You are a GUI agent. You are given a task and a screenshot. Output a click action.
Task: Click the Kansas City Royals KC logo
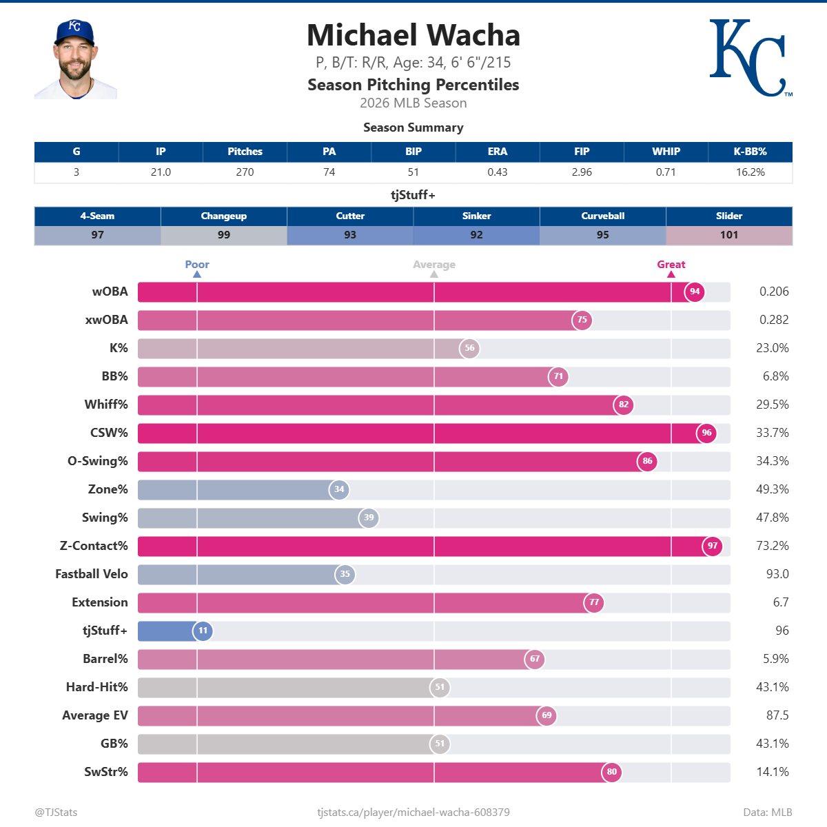[750, 58]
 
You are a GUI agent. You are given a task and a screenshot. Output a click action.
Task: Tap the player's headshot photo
[75, 60]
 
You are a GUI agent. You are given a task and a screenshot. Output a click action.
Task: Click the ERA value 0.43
[497, 172]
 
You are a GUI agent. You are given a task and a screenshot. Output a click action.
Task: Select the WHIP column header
[666, 152]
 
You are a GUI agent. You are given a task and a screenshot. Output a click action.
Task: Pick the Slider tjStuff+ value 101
[729, 235]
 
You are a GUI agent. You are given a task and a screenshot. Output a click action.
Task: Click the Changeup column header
[224, 216]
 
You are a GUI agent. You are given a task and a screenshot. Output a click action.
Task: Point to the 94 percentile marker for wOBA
[695, 292]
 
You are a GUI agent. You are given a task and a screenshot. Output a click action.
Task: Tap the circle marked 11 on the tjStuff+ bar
[203, 631]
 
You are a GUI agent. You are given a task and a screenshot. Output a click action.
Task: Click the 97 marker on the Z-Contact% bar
[713, 546]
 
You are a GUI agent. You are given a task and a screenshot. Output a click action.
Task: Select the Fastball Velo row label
[92, 574]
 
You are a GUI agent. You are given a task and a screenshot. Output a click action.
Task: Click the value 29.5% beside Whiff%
[772, 405]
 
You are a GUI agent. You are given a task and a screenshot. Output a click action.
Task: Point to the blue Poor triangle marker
[197, 274]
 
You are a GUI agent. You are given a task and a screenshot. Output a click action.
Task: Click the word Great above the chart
[671, 265]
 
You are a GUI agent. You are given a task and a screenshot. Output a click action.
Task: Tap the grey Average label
[434, 265]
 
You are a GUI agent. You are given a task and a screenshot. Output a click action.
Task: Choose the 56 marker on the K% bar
[469, 348]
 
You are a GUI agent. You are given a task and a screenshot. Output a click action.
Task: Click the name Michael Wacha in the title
[413, 36]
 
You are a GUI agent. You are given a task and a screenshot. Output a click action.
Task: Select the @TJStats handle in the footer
[56, 813]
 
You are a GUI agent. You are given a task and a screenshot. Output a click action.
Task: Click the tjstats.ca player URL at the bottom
[413, 813]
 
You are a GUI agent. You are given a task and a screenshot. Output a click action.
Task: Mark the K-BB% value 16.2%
[750, 172]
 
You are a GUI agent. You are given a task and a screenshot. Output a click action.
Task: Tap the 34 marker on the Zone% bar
[339, 489]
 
